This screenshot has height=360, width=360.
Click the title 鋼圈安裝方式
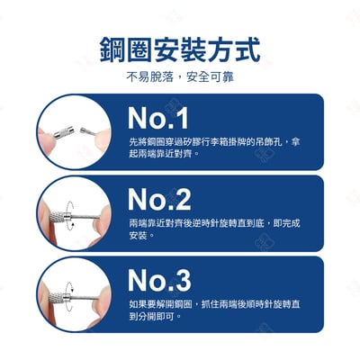coord(180,48)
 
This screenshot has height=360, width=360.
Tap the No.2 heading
coord(159,199)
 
